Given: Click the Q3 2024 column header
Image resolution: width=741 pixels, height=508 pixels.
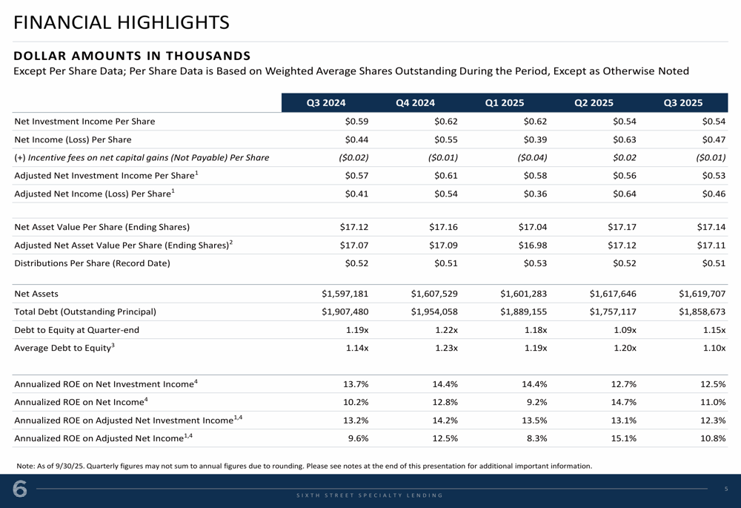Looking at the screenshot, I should (x=326, y=103).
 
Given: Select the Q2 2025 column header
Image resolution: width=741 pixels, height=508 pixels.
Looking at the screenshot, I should (x=594, y=103).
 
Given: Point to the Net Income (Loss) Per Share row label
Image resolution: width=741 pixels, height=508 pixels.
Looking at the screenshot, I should (x=73, y=139).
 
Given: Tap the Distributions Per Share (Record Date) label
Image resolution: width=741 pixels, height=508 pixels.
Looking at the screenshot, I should (x=92, y=263).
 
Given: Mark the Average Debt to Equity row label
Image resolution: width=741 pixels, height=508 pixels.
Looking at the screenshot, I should (x=64, y=348).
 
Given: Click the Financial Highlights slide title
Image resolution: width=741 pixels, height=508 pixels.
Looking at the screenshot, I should (x=122, y=23).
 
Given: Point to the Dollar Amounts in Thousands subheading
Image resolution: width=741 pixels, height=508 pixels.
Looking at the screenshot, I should (x=133, y=56).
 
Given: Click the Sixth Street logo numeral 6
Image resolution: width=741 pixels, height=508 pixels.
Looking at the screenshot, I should (x=20, y=490).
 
